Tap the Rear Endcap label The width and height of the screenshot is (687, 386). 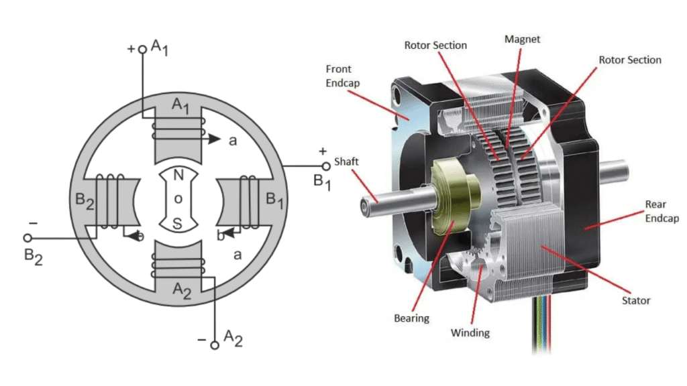[x=662, y=211]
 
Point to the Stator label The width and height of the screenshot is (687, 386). [x=635, y=300]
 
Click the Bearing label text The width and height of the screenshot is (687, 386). [x=411, y=318]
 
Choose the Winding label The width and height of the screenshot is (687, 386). [x=470, y=332]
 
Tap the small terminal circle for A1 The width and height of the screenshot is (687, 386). [x=142, y=49]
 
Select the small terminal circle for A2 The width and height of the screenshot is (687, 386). [x=215, y=345]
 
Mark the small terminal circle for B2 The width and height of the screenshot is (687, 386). [x=28, y=237]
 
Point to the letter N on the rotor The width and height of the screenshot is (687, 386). [x=178, y=176]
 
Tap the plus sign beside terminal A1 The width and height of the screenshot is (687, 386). [x=130, y=49]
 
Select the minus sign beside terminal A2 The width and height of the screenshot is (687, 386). [x=201, y=340]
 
